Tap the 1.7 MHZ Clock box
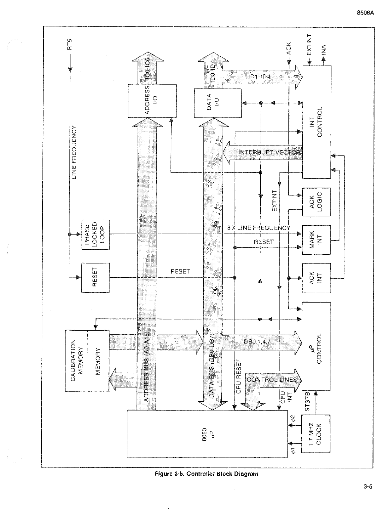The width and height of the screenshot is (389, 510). pos(316,433)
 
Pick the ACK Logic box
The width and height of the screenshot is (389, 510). pos(316,201)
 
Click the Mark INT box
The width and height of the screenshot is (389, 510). pos(316,240)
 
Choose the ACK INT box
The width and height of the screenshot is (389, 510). pos(316,278)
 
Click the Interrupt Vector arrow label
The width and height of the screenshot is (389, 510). pos(269,152)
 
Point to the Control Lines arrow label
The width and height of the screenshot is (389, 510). pos(272,380)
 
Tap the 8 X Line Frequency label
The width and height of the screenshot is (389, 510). pos(259,228)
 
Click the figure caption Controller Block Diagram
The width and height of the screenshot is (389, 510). pos(206,474)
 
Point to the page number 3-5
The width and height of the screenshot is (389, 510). pos(368,486)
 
